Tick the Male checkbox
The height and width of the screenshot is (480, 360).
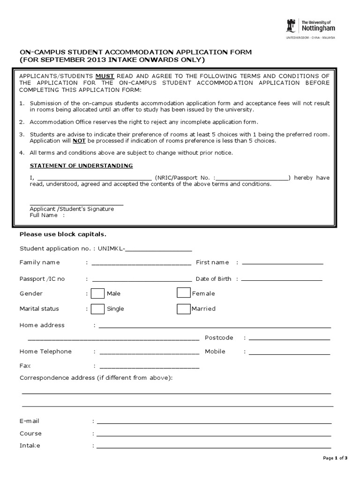pos(97,293)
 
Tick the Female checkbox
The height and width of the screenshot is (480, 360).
pos(184,293)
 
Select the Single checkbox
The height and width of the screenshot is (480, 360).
pos(97,309)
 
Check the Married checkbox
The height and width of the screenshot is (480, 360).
pos(184,309)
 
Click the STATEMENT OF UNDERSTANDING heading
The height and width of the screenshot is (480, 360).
pos(81,166)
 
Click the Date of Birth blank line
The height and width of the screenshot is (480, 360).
pos(281,279)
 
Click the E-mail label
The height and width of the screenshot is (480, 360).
pos(30,421)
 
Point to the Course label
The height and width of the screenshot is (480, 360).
pos(30,433)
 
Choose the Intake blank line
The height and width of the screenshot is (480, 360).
pos(215,446)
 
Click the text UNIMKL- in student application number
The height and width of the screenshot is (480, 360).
pos(112,248)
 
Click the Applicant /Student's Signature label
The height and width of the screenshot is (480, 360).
pos(72,209)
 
